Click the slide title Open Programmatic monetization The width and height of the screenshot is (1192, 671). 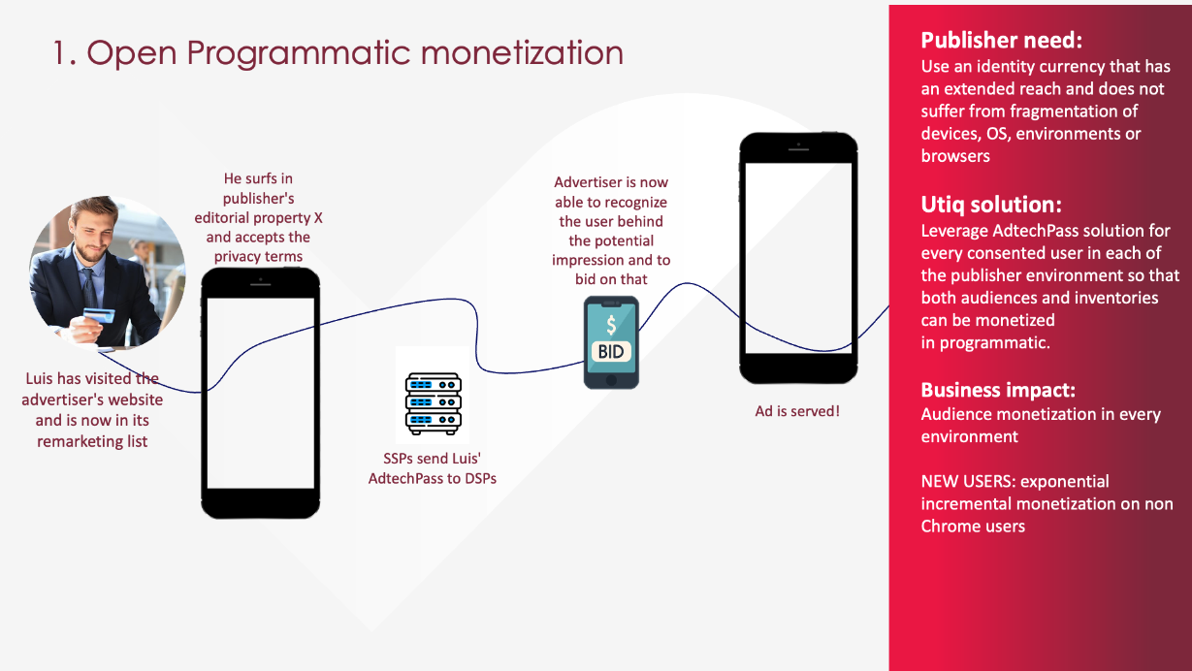point(338,53)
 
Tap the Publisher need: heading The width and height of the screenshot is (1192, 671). point(1002,40)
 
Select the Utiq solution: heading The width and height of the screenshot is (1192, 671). point(991,205)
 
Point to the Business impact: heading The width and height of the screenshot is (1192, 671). point(998,390)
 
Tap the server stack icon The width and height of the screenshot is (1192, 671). point(434,403)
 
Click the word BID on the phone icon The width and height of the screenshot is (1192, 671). point(611,352)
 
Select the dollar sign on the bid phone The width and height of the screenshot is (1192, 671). point(611,325)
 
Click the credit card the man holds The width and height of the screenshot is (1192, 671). point(100,315)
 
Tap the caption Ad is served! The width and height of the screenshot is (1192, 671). point(797,411)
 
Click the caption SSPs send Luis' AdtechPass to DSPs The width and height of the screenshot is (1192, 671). point(433,468)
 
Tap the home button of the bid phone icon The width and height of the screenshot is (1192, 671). point(611,380)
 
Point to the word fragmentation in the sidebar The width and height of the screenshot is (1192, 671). point(1068,112)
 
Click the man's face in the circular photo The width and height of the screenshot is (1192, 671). point(93,234)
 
